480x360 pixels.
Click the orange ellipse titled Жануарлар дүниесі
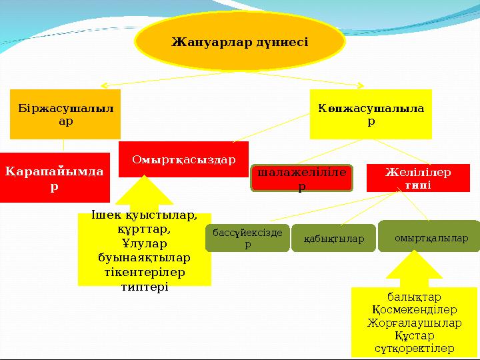coord(240,41)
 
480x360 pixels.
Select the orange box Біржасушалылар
coord(65,114)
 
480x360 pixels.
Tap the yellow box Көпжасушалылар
coord(371,114)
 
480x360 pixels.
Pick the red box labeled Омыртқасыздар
coord(183,159)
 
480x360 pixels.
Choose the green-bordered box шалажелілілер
coord(301,179)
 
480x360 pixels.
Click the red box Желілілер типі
coord(418,178)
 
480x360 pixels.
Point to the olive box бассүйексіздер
coord(247,238)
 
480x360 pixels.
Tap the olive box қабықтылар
coord(329,239)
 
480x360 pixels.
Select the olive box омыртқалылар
coord(431,237)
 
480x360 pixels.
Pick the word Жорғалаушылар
coord(415,323)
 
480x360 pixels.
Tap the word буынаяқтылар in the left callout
coord(144,257)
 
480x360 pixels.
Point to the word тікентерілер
coord(144,272)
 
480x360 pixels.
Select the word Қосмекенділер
coord(414,310)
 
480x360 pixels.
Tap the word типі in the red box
coord(418,184)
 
